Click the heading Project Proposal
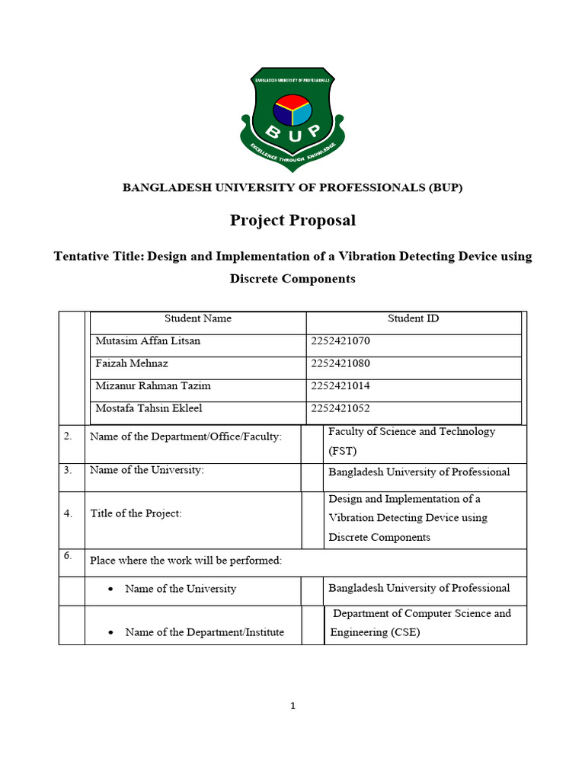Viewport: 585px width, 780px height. pyautogui.click(x=292, y=221)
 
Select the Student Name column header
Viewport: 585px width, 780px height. pyautogui.click(x=198, y=318)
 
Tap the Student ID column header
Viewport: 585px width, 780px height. pyautogui.click(x=413, y=318)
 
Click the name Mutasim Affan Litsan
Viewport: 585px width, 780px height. pyautogui.click(x=148, y=341)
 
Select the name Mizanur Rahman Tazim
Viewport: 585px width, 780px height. pyautogui.click(x=152, y=386)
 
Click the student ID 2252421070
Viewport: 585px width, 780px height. pyautogui.click(x=340, y=341)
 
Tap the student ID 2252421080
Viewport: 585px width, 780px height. pyautogui.click(x=340, y=363)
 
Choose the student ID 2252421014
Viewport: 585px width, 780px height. pyautogui.click(x=340, y=386)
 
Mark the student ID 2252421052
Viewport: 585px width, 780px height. pyautogui.click(x=340, y=409)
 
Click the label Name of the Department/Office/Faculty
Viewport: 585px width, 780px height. pyautogui.click(x=186, y=436)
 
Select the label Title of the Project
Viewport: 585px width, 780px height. pyautogui.click(x=136, y=514)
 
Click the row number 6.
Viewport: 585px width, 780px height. pyautogui.click(x=68, y=556)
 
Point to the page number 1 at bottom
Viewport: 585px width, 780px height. pyautogui.click(x=292, y=706)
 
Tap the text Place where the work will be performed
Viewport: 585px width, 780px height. pyautogui.click(x=186, y=561)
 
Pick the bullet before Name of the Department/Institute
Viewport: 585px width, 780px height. pyautogui.click(x=111, y=632)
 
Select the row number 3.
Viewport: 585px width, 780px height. pyautogui.click(x=68, y=470)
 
